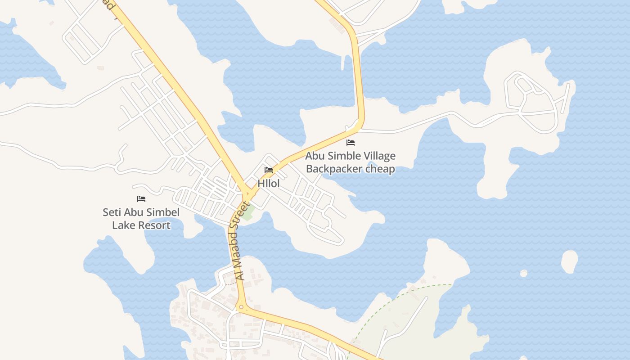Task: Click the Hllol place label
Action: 269,184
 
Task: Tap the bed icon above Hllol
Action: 269,170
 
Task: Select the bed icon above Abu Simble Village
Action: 351,143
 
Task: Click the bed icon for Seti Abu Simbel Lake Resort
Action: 141,198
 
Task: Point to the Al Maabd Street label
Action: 242,242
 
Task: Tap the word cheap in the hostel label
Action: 380,169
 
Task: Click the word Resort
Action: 154,225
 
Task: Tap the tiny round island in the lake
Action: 523,273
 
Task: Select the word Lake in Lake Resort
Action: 124,225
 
